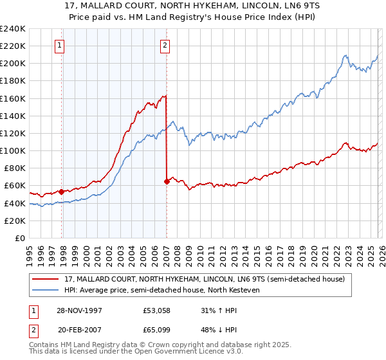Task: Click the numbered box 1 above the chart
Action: [x=59, y=45]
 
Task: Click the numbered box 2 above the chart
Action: [x=165, y=45]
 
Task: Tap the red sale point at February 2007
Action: [x=167, y=181]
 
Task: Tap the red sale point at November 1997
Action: [x=62, y=192]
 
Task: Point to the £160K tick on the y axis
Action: [x=13, y=98]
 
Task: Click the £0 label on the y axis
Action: [x=19, y=238]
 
